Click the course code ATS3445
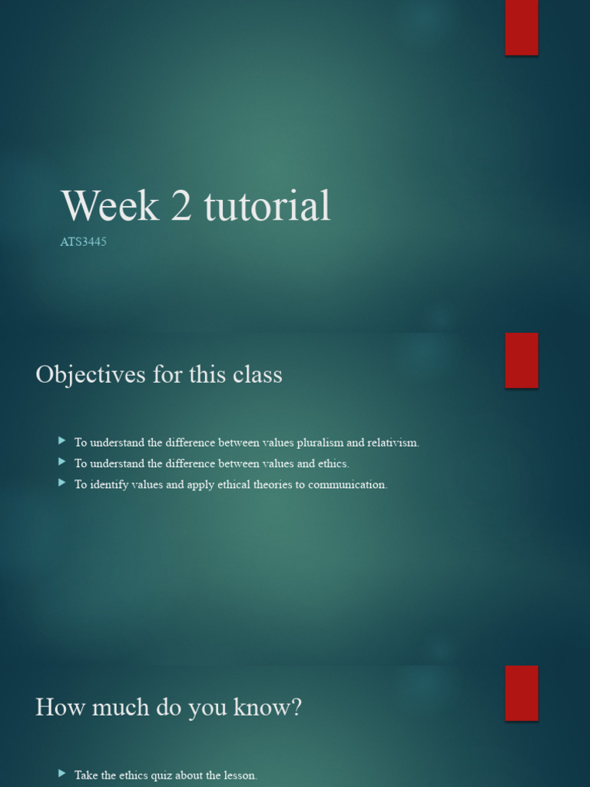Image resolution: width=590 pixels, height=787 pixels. (83, 242)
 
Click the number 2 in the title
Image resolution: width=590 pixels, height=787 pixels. (181, 206)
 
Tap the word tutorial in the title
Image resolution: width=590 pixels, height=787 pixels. (267, 206)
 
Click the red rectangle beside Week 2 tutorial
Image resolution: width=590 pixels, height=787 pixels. (522, 28)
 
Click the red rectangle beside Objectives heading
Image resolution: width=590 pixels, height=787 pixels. (522, 360)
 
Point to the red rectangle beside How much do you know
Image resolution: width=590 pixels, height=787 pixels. (522, 693)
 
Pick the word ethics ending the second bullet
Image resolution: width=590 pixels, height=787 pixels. (334, 463)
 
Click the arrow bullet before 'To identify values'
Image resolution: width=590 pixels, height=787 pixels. (61, 483)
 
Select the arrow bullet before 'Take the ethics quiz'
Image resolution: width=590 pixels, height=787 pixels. (61, 774)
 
